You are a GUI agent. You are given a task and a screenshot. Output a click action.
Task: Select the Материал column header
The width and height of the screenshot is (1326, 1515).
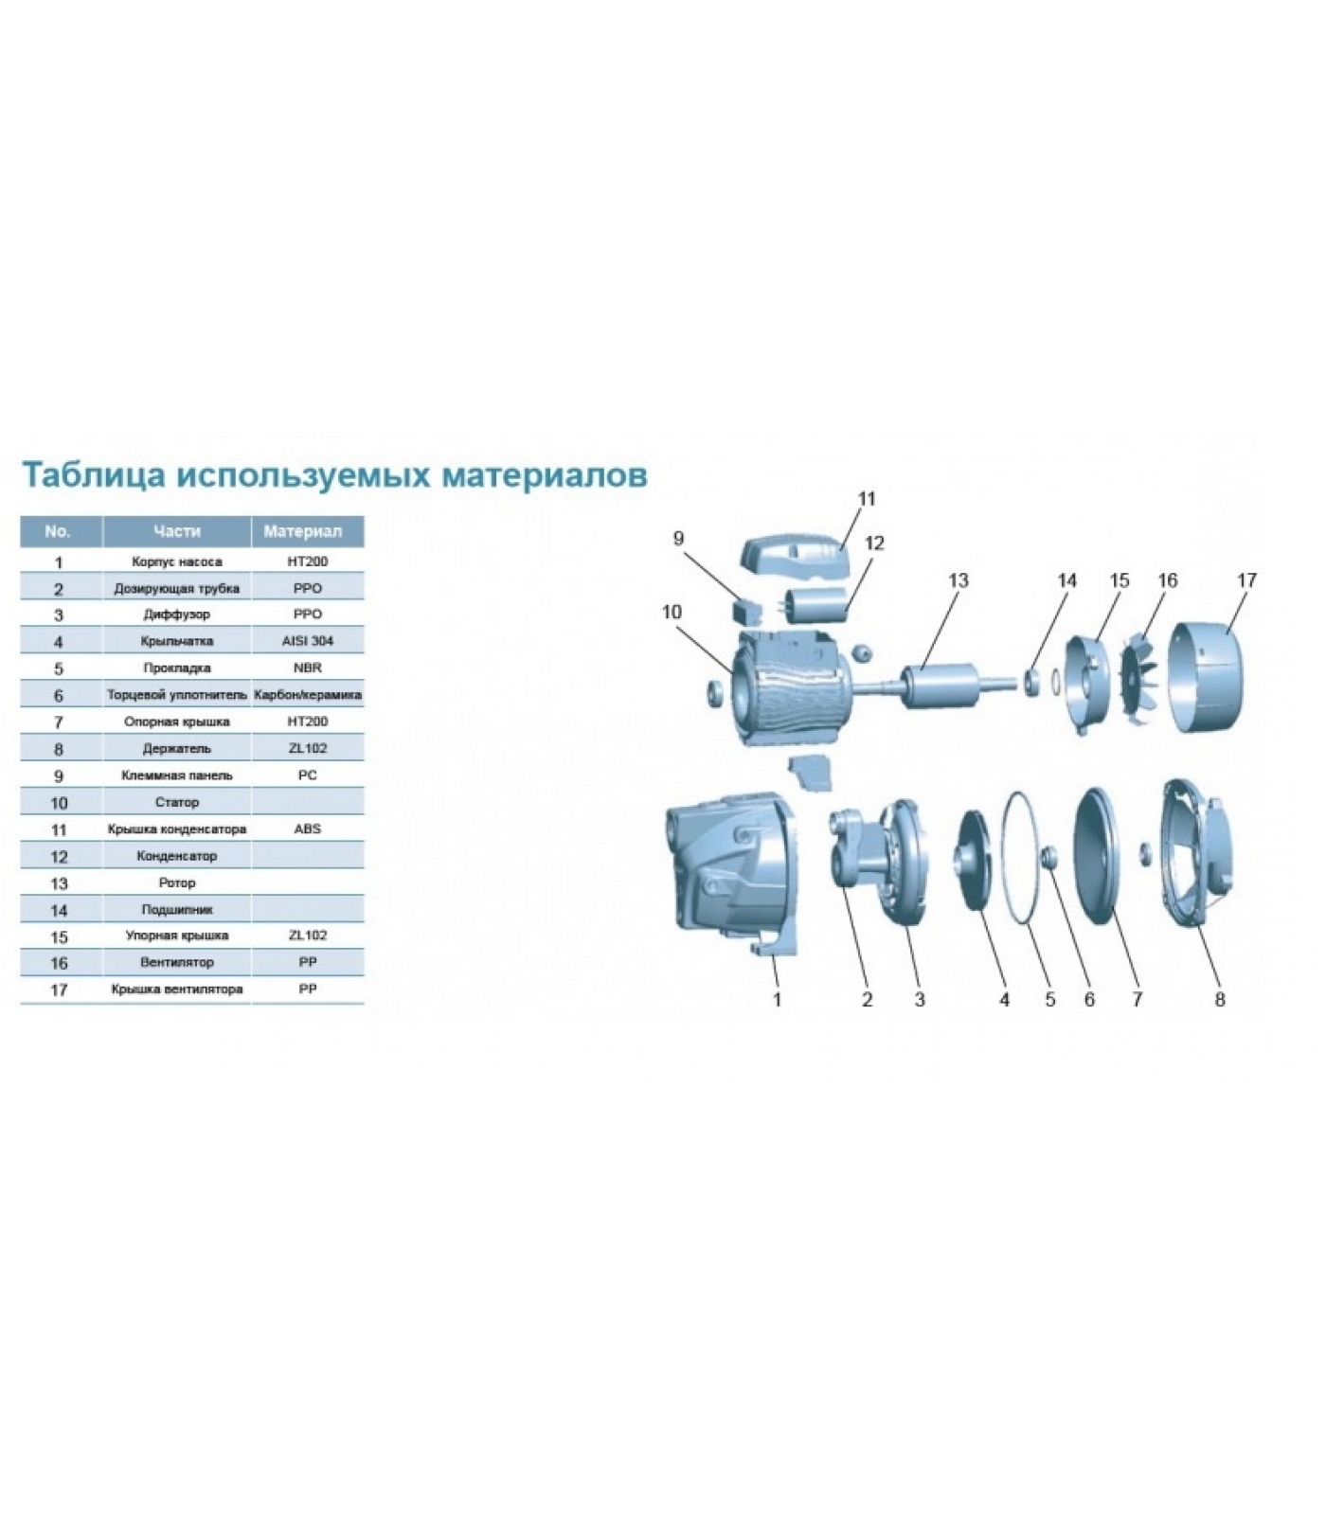308,531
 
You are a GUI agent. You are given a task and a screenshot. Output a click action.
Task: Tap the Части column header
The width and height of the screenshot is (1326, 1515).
177,531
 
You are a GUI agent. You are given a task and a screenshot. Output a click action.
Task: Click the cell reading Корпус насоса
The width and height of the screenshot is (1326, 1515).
177,561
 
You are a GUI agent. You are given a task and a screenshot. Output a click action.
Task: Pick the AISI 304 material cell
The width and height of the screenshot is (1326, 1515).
308,641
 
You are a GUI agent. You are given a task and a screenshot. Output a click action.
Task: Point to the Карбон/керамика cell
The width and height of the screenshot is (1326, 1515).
308,695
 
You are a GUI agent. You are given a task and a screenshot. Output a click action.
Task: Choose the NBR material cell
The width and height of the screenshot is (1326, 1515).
308,668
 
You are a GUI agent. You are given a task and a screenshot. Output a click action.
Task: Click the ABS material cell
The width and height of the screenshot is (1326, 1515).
308,829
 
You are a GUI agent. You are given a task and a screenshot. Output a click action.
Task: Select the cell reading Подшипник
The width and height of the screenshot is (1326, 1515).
177,910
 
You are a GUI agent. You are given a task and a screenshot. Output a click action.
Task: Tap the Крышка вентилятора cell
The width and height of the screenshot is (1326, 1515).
177,989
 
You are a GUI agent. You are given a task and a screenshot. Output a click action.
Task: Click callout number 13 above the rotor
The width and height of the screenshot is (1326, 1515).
959,579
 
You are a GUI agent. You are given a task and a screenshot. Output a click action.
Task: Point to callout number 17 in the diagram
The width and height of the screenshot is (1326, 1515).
1246,579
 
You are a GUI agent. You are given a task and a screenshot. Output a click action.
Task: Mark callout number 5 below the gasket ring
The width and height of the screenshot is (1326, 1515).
1050,999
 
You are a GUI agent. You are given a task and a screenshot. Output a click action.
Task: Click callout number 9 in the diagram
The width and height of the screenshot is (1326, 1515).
678,539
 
